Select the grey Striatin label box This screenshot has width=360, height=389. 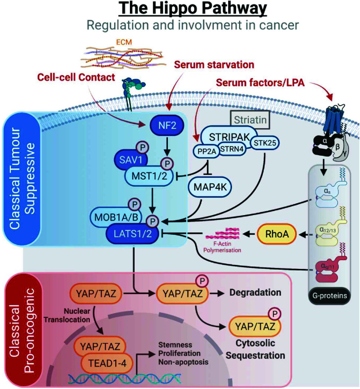(x=249, y=120)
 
